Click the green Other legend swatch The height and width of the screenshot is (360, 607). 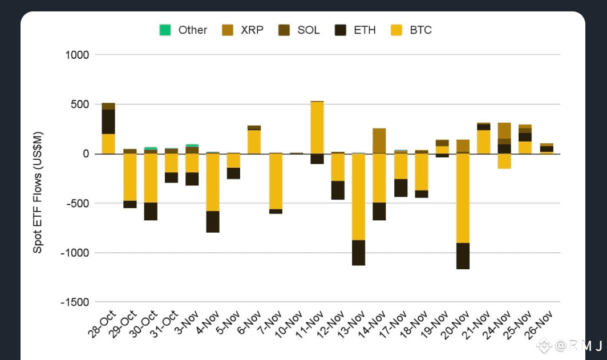coord(165,30)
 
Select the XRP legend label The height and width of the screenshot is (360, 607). coord(252,30)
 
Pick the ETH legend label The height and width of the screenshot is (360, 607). coord(365,30)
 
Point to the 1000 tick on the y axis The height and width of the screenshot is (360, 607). coord(77,55)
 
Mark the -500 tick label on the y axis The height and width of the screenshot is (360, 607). coord(76,203)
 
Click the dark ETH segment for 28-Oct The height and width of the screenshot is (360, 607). coord(108,122)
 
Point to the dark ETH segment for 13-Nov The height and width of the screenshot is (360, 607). coord(358,253)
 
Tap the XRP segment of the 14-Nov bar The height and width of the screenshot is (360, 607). coord(379,141)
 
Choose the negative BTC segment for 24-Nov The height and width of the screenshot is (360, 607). coord(504,161)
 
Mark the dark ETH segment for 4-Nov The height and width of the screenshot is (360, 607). coord(213,221)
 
